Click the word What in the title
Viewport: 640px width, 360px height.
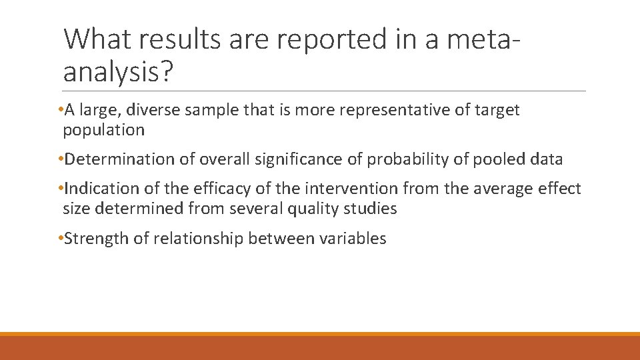pos(98,39)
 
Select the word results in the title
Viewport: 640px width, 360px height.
pos(181,39)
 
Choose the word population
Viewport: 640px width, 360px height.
pos(103,130)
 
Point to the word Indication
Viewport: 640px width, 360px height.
pos(103,189)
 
